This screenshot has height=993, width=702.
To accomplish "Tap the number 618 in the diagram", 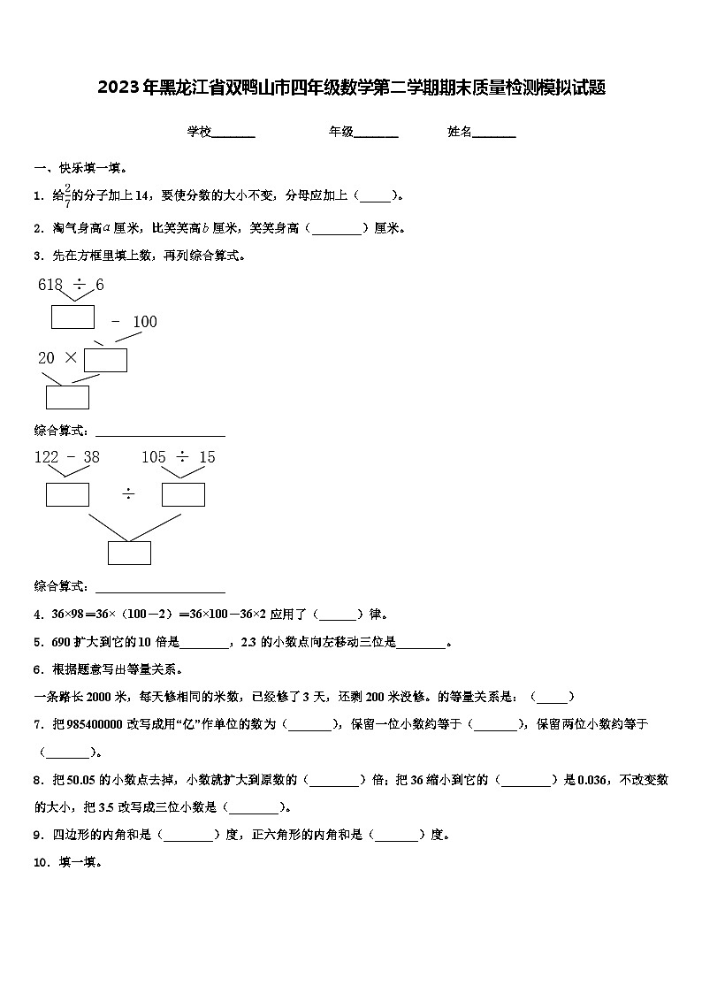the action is (x=50, y=285).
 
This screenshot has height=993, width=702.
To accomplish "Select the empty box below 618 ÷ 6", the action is (x=72, y=317).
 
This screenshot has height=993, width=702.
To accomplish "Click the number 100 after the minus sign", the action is (x=144, y=322).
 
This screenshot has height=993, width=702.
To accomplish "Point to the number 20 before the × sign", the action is (x=46, y=358).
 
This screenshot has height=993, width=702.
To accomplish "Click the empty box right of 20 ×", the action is (x=105, y=360).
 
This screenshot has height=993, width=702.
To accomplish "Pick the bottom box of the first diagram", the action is (x=67, y=397).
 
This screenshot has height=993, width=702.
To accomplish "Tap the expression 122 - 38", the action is (x=67, y=457).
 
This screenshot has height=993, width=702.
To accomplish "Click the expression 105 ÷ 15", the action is (x=178, y=457).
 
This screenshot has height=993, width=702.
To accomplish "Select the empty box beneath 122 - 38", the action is (x=67, y=494).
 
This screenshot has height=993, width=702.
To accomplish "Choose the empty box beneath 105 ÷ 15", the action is (x=183, y=494).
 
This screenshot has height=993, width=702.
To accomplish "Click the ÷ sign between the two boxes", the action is (x=127, y=494).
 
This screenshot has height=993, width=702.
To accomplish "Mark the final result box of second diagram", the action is (x=129, y=553).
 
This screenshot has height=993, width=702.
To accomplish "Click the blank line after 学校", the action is (x=233, y=133).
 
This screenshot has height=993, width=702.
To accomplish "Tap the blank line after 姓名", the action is (x=494, y=133).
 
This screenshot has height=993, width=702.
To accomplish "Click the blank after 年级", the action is (x=376, y=133).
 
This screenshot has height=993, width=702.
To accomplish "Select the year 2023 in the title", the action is (x=116, y=88).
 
